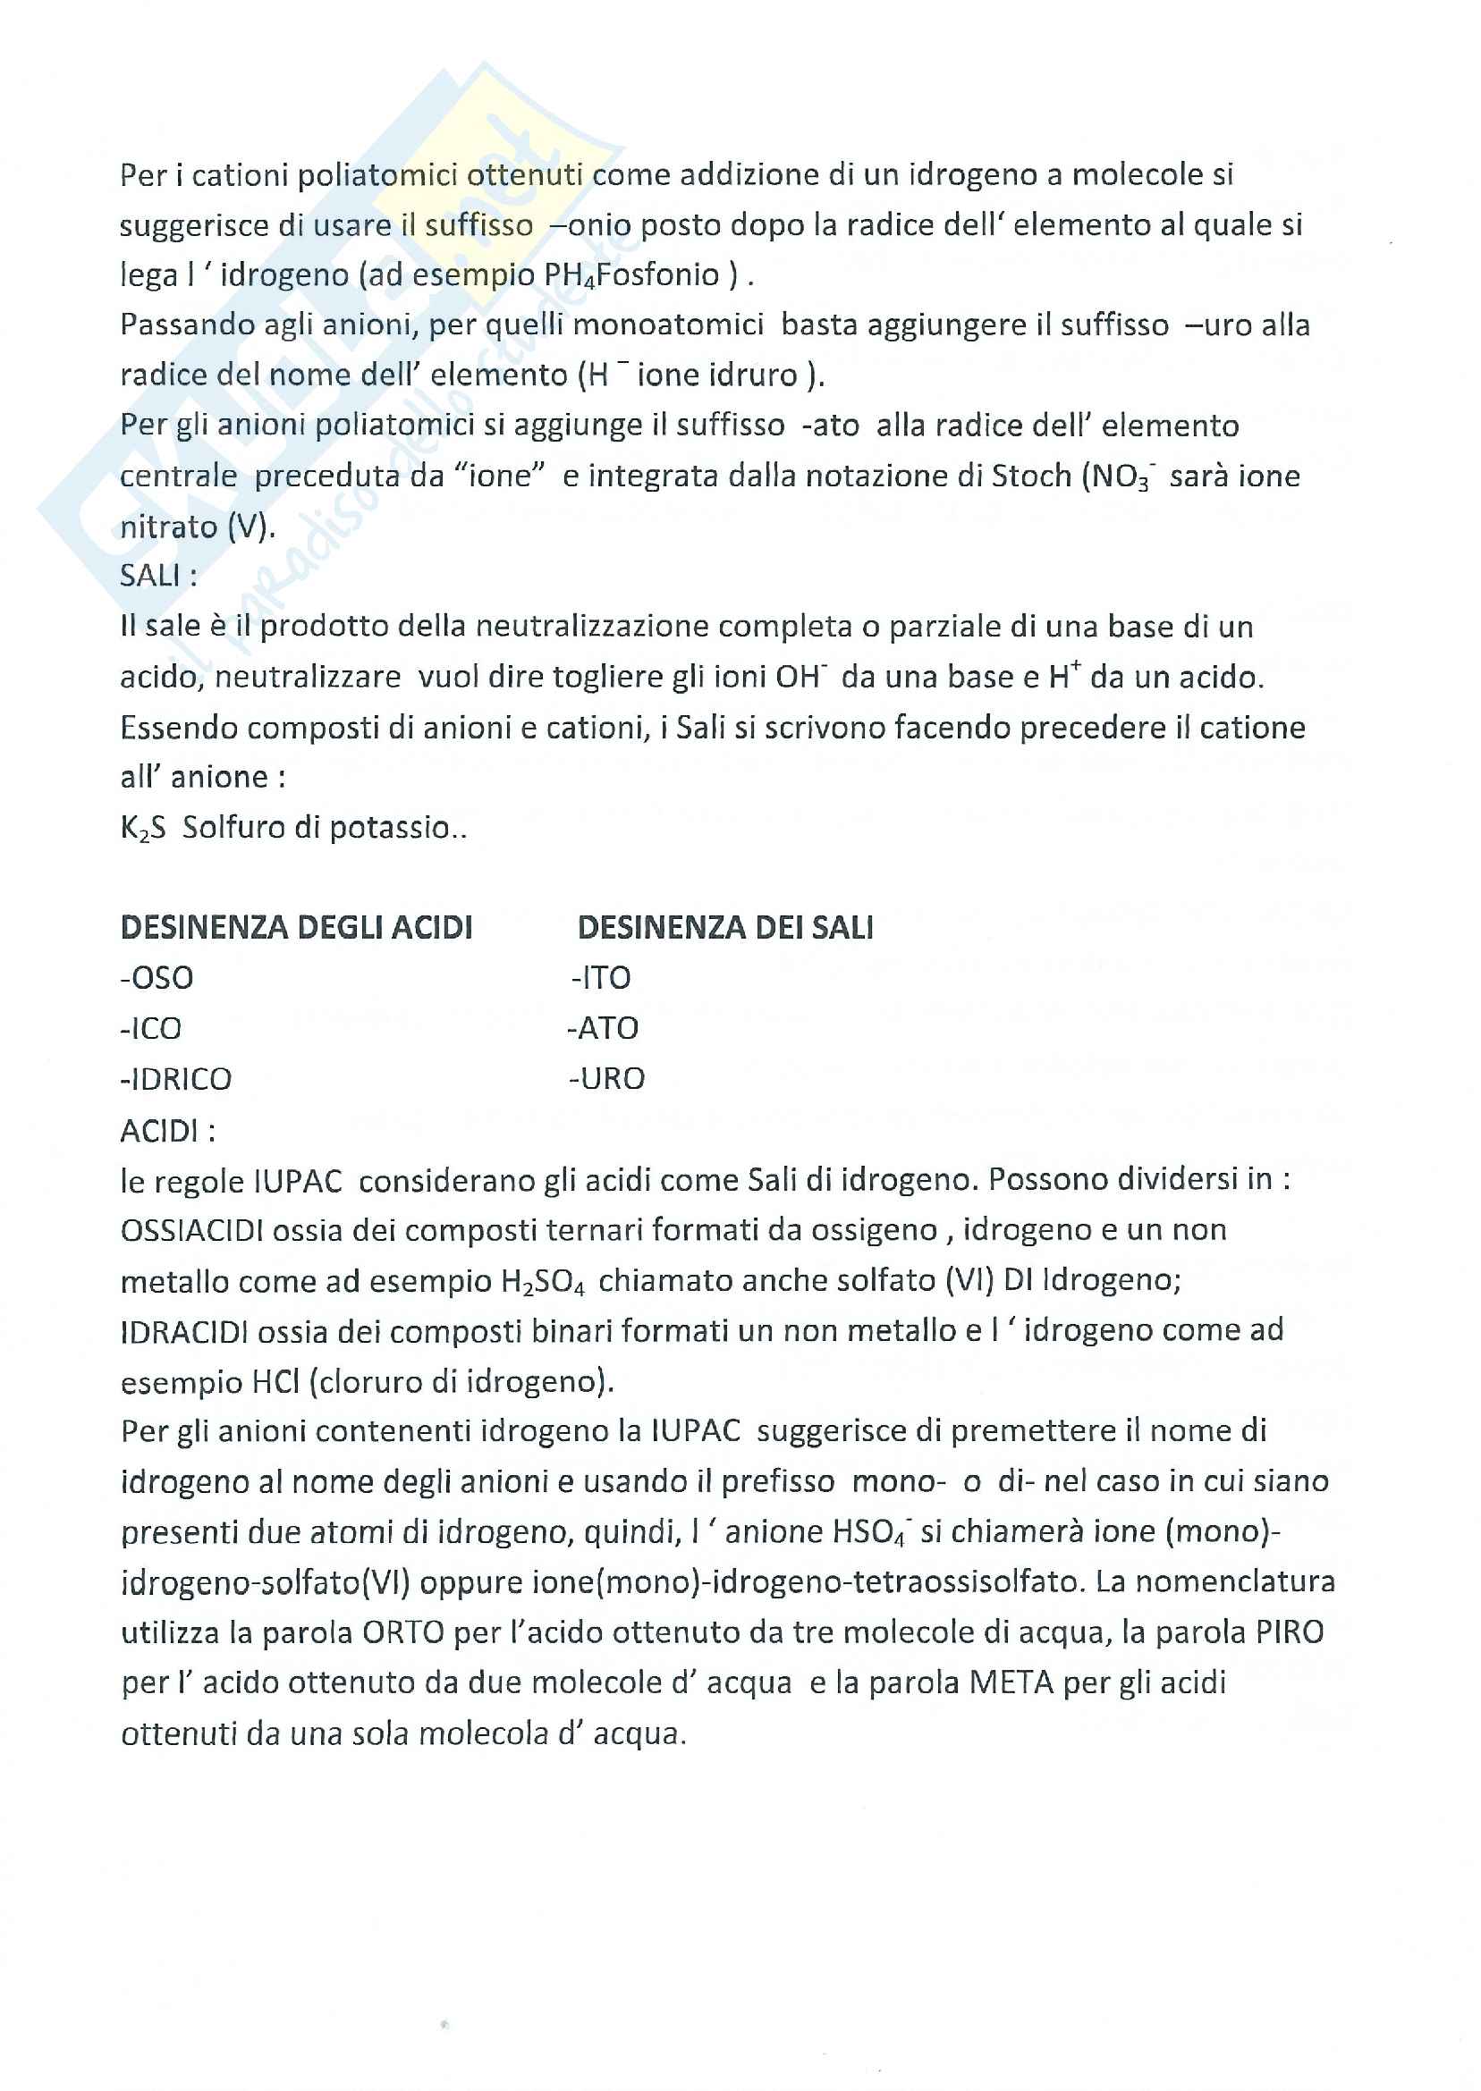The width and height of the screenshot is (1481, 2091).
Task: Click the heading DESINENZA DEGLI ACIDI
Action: pyautogui.click(x=296, y=928)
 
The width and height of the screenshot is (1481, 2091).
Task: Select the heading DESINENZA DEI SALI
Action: pyautogui.click(x=725, y=928)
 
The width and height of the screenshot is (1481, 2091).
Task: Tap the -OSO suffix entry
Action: pyautogui.click(x=157, y=978)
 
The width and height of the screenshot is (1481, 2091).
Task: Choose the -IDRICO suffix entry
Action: pyautogui.click(x=176, y=1079)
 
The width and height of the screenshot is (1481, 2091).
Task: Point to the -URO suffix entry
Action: pyautogui.click(x=606, y=1079)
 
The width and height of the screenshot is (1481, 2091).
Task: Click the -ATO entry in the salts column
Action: pyautogui.click(x=603, y=1028)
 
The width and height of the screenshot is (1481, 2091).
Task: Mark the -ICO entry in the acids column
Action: pyautogui.click(x=151, y=1028)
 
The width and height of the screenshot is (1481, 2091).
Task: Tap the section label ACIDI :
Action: pyautogui.click(x=168, y=1131)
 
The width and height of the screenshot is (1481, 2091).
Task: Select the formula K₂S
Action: pyautogui.click(x=143, y=828)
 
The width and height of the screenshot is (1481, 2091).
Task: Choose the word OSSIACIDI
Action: pyautogui.click(x=192, y=1230)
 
